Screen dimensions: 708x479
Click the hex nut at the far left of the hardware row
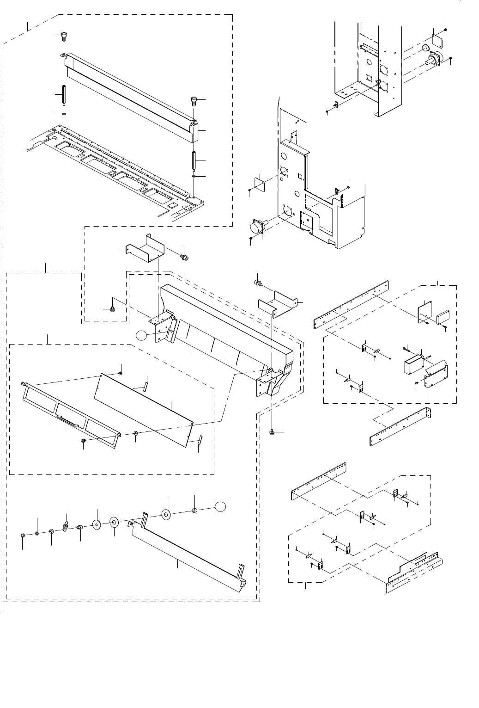coord(23,536)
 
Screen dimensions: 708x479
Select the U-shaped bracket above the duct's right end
coord(277,303)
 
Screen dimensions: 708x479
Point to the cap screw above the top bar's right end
coord(194,101)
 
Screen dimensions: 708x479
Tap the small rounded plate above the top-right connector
coord(437,40)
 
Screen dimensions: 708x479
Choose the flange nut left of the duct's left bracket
coord(112,308)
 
